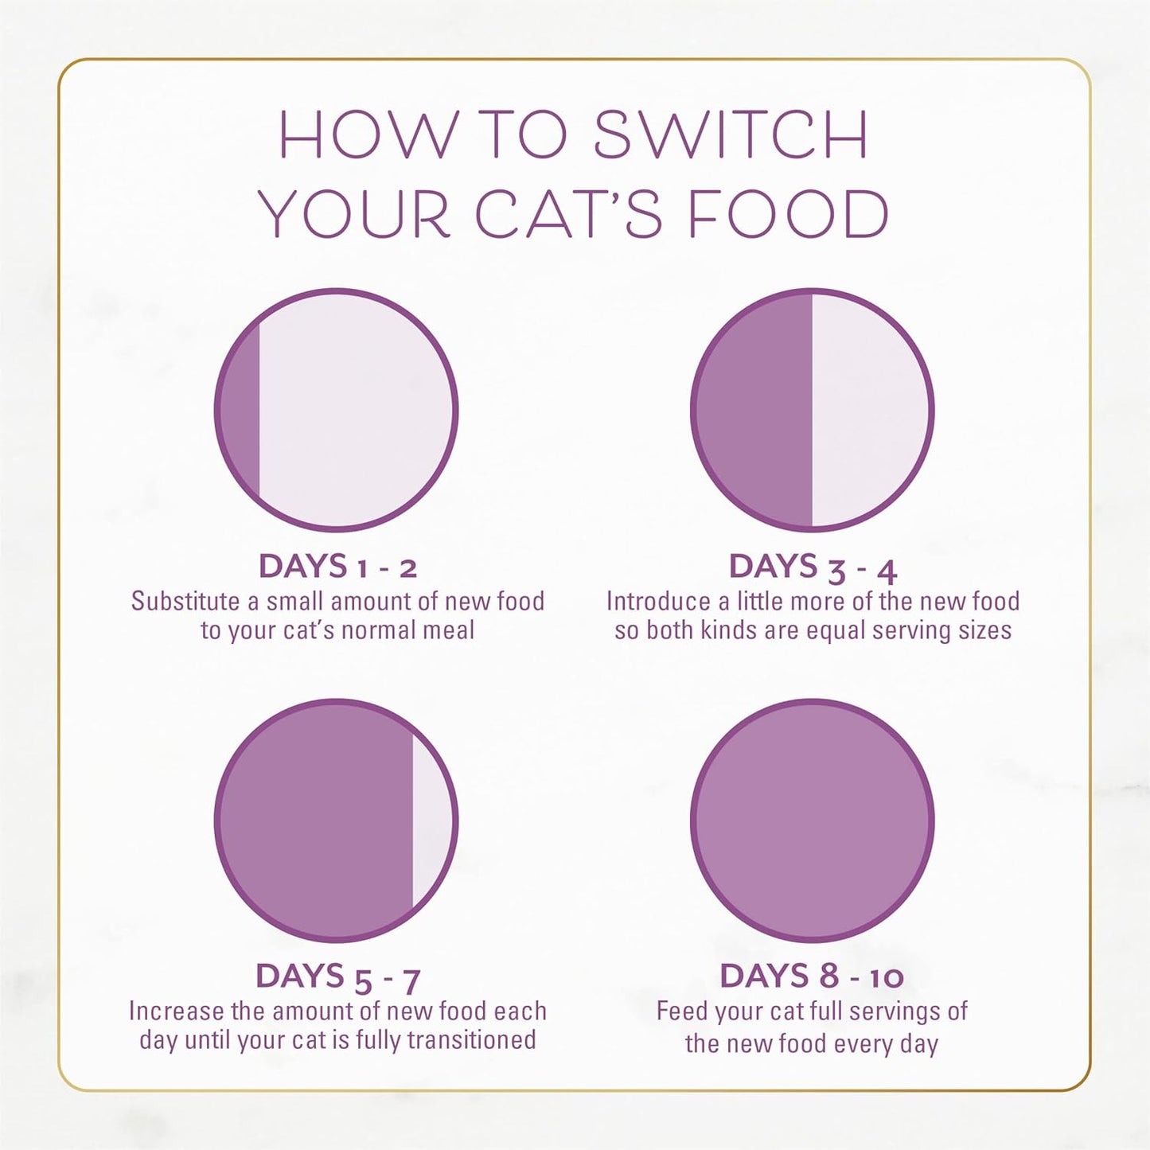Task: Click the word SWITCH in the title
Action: pyautogui.click(x=731, y=134)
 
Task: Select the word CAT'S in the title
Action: pyautogui.click(x=568, y=215)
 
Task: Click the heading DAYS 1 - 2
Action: pyautogui.click(x=337, y=567)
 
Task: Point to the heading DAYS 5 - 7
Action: pyautogui.click(x=337, y=977)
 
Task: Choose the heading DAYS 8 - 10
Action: pyautogui.click(x=812, y=977)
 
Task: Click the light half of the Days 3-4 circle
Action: pyautogui.click(x=869, y=411)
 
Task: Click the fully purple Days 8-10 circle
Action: pyautogui.click(x=812, y=820)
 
